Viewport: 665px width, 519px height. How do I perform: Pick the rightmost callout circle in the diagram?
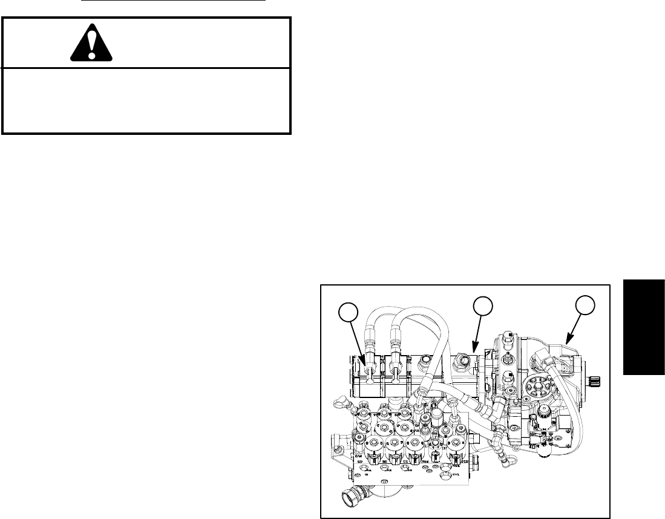pyautogui.click(x=583, y=305)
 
